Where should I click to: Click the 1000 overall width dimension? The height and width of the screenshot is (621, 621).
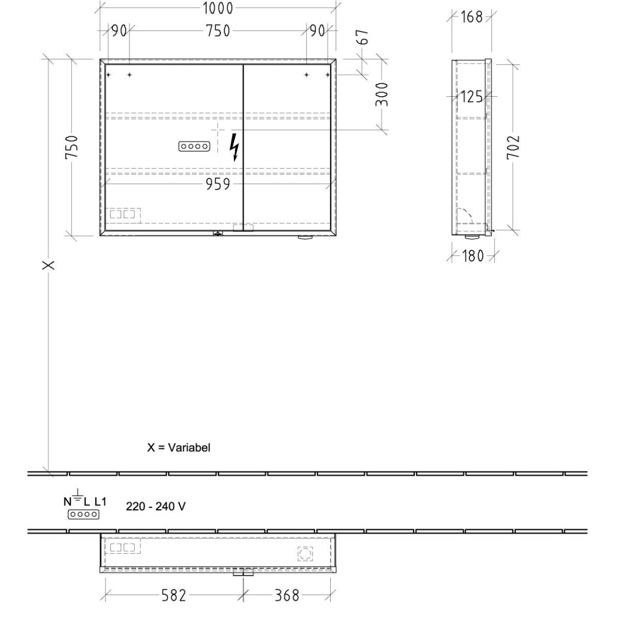pyautogui.click(x=218, y=8)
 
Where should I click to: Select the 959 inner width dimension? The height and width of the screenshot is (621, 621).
pyautogui.click(x=218, y=184)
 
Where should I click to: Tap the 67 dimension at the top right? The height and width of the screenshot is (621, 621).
pyautogui.click(x=363, y=37)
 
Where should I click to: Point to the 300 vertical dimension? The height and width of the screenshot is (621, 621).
pyautogui.click(x=382, y=94)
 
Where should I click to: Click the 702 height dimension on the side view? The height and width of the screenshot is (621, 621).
pyautogui.click(x=513, y=147)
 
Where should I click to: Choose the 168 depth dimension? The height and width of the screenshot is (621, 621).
pyautogui.click(x=472, y=17)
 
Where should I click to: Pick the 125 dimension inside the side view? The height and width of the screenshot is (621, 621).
pyautogui.click(x=472, y=97)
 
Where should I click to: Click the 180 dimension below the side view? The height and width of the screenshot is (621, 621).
pyautogui.click(x=473, y=256)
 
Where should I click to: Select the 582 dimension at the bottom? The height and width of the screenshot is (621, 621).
pyautogui.click(x=174, y=596)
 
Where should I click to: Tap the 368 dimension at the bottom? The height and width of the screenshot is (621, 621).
pyautogui.click(x=287, y=596)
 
